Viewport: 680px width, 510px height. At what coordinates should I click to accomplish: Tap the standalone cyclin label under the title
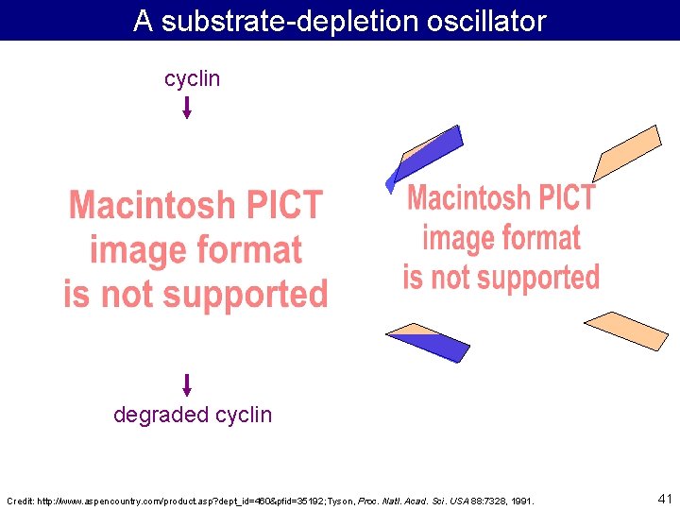[192, 78]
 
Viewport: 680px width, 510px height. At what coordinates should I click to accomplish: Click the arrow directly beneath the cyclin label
[187, 107]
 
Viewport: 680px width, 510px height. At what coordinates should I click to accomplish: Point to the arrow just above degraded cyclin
[187, 384]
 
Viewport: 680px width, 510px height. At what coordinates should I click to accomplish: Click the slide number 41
[664, 497]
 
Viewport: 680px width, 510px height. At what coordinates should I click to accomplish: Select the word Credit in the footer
[21, 500]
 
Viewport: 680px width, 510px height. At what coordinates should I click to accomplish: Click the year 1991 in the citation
[520, 500]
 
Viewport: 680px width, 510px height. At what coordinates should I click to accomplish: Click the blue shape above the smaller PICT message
[427, 155]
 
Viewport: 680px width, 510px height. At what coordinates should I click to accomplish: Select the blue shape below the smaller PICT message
[430, 343]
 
